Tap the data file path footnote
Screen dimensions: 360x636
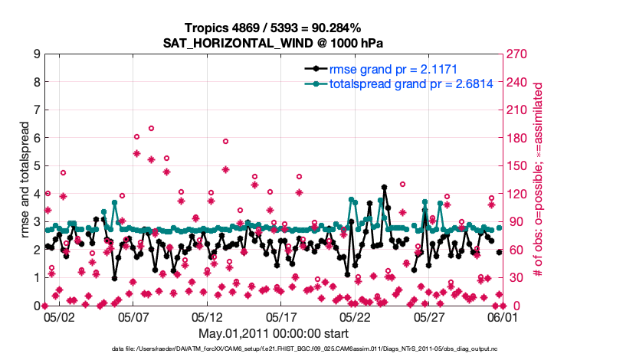(318, 349)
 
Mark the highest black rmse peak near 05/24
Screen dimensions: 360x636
(384, 187)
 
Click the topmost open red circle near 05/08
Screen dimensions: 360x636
(151, 129)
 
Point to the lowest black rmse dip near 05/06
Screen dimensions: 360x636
(114, 278)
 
